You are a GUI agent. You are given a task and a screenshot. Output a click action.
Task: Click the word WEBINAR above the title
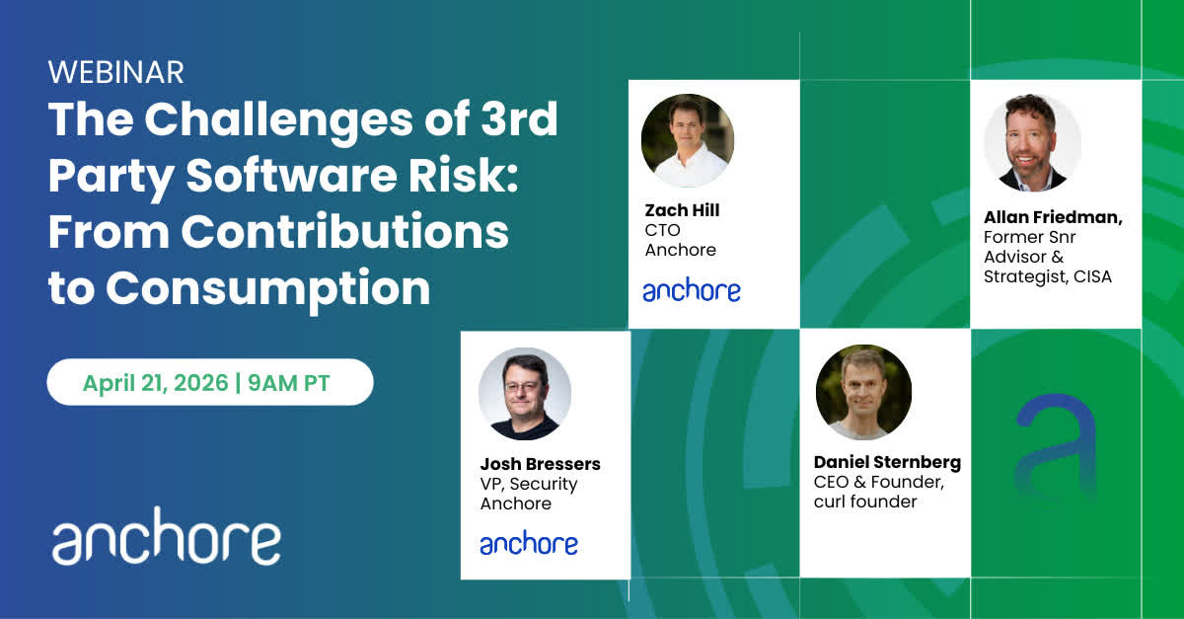116,72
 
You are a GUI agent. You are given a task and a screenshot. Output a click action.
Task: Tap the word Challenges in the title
278,120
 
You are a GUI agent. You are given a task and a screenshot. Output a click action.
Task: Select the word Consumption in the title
268,290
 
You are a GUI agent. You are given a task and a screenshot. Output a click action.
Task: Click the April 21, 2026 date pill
210,382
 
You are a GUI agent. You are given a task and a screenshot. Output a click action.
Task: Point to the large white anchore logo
166,536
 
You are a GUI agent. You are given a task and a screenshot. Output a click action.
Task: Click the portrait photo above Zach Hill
687,140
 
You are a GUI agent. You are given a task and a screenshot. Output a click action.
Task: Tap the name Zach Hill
682,210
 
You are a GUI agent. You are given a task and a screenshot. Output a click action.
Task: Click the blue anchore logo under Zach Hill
692,290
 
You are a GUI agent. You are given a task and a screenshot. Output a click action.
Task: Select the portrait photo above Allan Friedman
1032,143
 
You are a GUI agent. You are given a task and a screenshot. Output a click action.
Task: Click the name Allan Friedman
1053,217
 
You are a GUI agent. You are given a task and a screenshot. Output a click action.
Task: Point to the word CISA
1092,276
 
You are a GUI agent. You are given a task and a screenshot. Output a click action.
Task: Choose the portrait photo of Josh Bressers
525,394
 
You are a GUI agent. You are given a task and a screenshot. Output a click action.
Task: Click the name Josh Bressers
541,464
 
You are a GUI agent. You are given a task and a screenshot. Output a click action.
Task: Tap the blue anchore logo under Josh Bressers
529,543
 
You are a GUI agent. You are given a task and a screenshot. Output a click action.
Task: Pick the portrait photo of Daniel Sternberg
863,392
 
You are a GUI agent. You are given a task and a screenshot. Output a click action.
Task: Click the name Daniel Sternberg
887,462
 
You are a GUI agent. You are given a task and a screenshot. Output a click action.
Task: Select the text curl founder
865,502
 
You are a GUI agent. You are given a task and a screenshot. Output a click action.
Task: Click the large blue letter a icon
1056,447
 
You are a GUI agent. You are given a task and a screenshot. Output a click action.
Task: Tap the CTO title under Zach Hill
662,230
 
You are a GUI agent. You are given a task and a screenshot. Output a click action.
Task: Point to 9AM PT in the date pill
289,383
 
